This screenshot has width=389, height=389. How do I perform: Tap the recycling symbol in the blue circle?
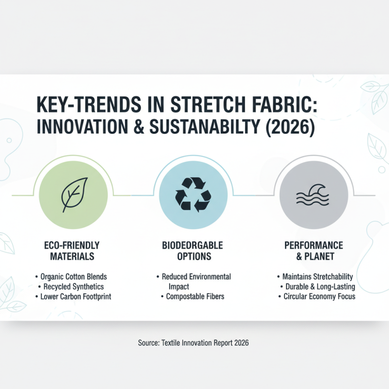[x=193, y=195]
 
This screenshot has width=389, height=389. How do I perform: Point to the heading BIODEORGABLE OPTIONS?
[x=193, y=250]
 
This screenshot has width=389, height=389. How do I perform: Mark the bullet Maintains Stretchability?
[x=316, y=277]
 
